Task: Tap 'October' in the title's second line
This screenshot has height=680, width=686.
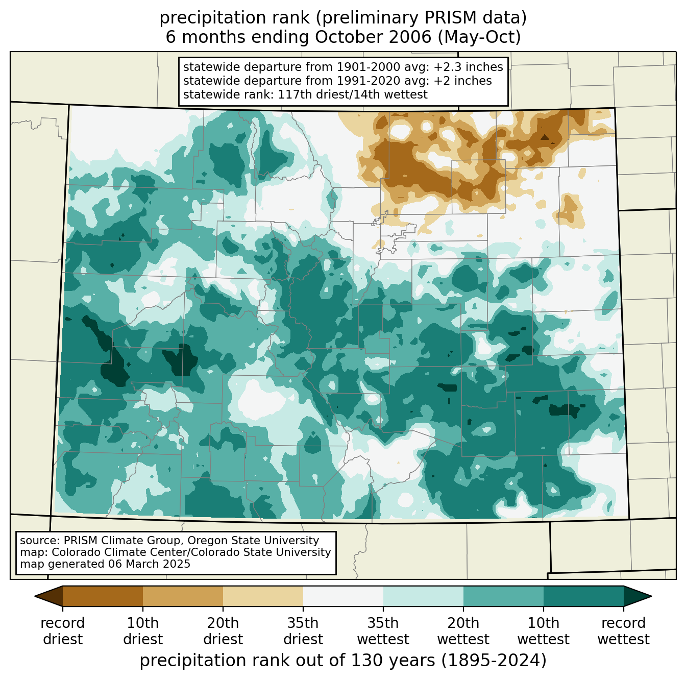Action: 346,37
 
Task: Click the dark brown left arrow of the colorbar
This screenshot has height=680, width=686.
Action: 49,596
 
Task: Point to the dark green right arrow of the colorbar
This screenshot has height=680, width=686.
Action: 637,596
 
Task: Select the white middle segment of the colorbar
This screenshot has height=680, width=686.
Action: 343,596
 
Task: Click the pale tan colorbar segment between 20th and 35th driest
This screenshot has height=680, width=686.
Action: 263,596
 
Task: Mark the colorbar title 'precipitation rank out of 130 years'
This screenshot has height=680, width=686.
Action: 287,660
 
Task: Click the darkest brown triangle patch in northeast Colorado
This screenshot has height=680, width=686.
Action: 544,137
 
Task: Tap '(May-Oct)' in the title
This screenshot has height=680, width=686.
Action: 479,37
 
